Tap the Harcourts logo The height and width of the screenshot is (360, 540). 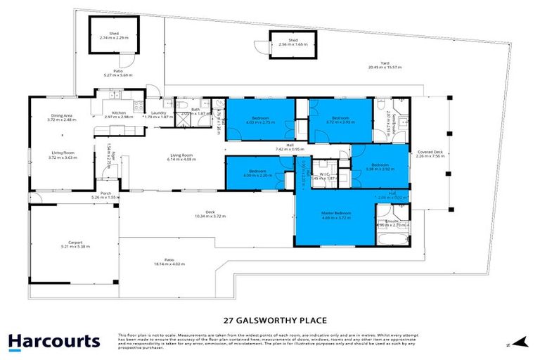(x=53, y=342)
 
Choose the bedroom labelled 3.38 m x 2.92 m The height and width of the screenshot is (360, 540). (x=380, y=167)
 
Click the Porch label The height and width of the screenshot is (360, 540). (x=106, y=195)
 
